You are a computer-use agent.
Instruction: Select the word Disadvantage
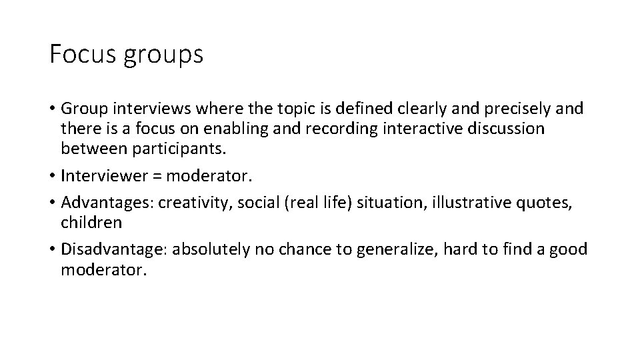coord(115,249)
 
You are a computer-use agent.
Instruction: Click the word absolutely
coord(215,249)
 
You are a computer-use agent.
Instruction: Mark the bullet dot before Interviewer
coord(52,177)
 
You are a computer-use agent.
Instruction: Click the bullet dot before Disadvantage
coord(52,250)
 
